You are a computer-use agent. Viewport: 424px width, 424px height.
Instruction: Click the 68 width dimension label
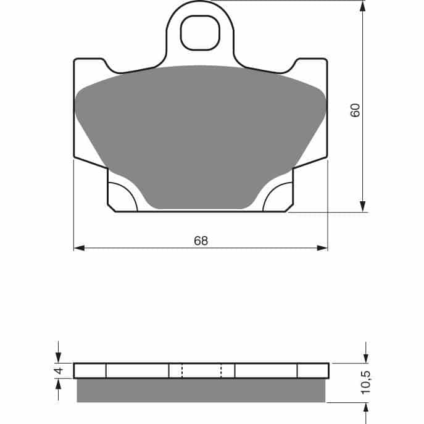[x=201, y=241]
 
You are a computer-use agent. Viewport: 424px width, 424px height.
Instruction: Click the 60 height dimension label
[x=355, y=110]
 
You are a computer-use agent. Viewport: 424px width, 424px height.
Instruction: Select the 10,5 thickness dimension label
[x=366, y=383]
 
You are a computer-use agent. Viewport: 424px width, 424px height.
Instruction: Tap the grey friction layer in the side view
[x=201, y=390]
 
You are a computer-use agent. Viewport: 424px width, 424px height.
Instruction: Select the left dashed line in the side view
[x=181, y=370]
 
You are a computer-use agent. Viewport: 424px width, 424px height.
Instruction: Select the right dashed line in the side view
[x=221, y=370]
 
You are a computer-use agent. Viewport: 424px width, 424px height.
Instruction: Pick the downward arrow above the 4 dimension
[x=59, y=357]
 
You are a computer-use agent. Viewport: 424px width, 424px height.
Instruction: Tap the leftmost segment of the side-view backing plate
[x=90, y=370]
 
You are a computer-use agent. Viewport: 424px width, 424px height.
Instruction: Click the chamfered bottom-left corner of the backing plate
[x=112, y=209]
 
